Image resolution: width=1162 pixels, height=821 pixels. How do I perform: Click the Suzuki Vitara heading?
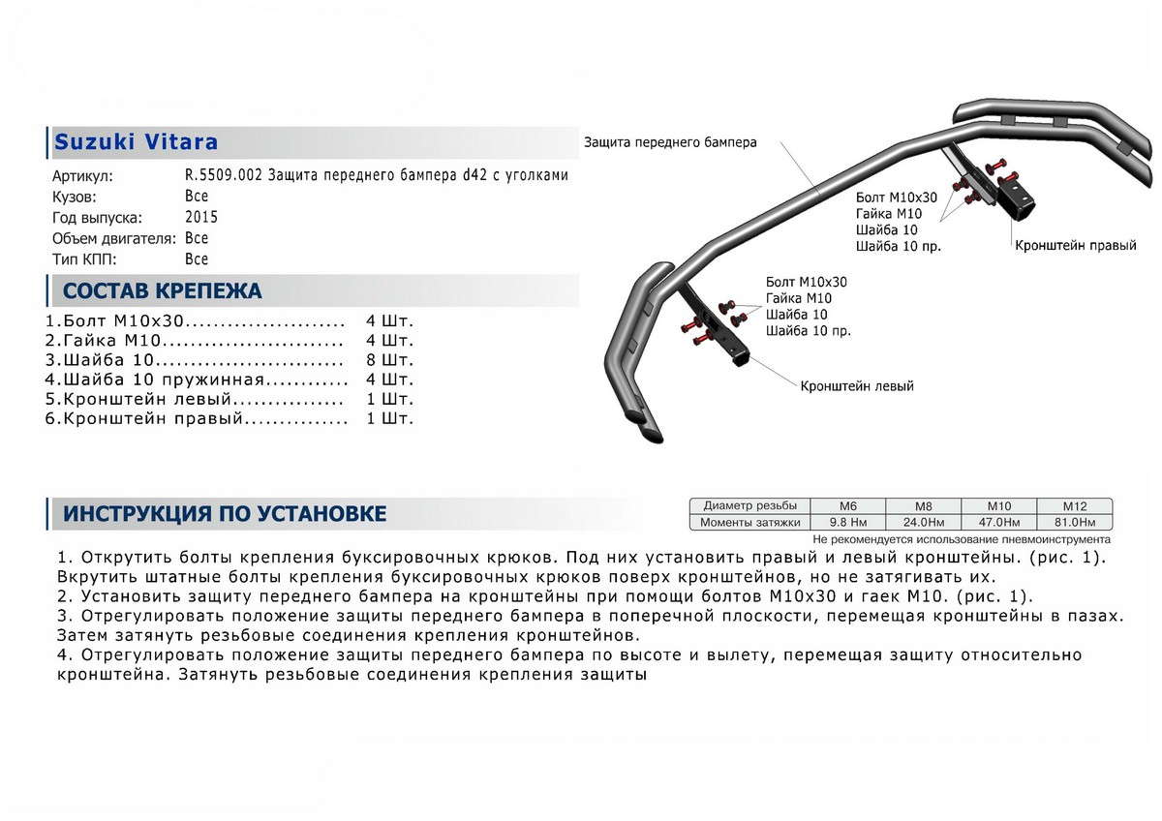point(136,142)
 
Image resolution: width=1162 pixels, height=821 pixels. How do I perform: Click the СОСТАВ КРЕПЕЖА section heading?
point(162,291)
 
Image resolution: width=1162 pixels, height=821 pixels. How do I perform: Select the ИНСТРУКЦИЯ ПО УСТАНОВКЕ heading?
point(225,514)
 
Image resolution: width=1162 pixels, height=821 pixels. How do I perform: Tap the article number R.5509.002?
point(225,175)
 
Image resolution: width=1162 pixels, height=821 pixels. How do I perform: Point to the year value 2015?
point(201,217)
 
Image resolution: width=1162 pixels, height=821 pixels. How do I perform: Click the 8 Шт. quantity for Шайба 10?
point(390,359)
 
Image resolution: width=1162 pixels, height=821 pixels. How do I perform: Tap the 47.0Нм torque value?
point(998,523)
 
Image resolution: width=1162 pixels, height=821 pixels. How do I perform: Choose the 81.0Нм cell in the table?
point(1075,523)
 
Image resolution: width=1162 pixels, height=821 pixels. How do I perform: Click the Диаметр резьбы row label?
point(750,506)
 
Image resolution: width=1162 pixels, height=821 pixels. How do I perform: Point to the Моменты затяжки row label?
point(751,523)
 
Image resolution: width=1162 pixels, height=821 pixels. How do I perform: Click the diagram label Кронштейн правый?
point(1075,246)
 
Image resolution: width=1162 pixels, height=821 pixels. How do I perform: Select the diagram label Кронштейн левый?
point(857,385)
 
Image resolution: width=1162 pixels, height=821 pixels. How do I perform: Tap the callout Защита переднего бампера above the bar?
point(670,142)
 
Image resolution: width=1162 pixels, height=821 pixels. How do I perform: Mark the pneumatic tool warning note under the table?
point(962,538)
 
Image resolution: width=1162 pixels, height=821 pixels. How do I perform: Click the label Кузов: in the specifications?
point(76,196)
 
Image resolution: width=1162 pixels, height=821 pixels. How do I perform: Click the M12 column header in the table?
point(1075,506)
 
